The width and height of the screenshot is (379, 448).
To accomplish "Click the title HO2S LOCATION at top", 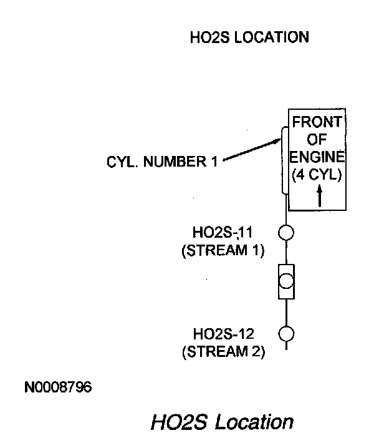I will click(249, 37).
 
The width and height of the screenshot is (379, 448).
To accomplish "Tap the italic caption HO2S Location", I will click(221, 422).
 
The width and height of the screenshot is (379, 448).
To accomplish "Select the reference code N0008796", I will click(58, 387).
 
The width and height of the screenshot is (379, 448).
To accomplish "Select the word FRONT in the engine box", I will click(318, 122).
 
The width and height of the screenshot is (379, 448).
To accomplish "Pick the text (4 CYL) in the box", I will click(317, 175).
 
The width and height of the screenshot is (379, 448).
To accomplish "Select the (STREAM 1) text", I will click(223, 251).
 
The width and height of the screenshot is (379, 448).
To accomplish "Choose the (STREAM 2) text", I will click(223, 351).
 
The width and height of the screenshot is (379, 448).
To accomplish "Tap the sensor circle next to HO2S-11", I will click(285, 233).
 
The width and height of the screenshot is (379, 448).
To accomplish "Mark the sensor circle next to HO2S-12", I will click(285, 333).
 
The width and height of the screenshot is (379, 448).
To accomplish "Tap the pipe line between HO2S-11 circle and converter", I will click(285, 253).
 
